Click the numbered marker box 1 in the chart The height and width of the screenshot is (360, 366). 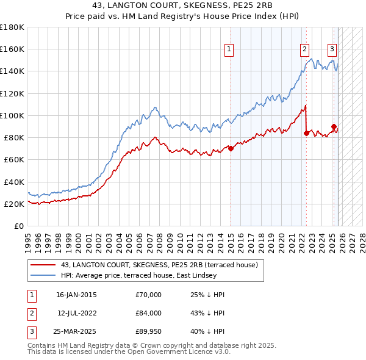click(229, 49)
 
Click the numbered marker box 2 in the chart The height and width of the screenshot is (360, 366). click(304, 49)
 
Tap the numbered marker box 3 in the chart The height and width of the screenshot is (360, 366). click(332, 49)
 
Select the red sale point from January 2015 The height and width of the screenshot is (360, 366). click(231, 148)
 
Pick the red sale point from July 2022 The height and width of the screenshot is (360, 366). click(306, 133)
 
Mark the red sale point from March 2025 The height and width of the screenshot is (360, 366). click(334, 127)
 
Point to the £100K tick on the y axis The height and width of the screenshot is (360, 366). click(12, 115)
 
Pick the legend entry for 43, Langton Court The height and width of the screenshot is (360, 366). click(160, 264)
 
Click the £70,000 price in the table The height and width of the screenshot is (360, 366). click(149, 295)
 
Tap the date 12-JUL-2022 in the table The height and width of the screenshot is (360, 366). click(76, 313)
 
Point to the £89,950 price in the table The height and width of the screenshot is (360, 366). click(149, 331)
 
